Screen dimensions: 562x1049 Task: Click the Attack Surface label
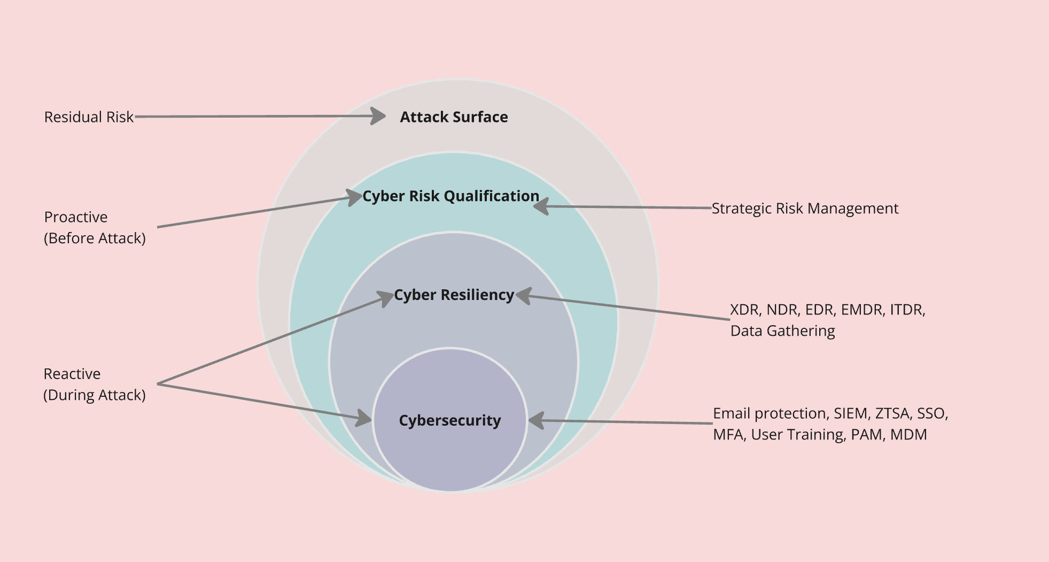454,117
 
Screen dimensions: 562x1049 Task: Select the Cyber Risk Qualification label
450,196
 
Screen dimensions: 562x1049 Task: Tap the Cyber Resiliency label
454,295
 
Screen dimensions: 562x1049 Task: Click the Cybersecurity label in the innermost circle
450,421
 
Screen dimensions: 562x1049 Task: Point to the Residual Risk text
89,117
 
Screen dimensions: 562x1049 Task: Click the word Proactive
76,217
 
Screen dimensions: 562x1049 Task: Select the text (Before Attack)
95,238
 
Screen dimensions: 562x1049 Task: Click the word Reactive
72,374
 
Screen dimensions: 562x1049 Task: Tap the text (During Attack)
95,395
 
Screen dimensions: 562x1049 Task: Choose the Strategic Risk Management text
805,209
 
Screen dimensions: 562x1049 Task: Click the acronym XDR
744,310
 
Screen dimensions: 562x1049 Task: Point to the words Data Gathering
782,331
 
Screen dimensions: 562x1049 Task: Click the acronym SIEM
850,413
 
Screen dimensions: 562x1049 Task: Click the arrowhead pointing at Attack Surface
378,116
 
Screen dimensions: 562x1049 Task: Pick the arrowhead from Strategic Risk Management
541,206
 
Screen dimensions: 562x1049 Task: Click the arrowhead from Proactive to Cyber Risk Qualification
354,197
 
